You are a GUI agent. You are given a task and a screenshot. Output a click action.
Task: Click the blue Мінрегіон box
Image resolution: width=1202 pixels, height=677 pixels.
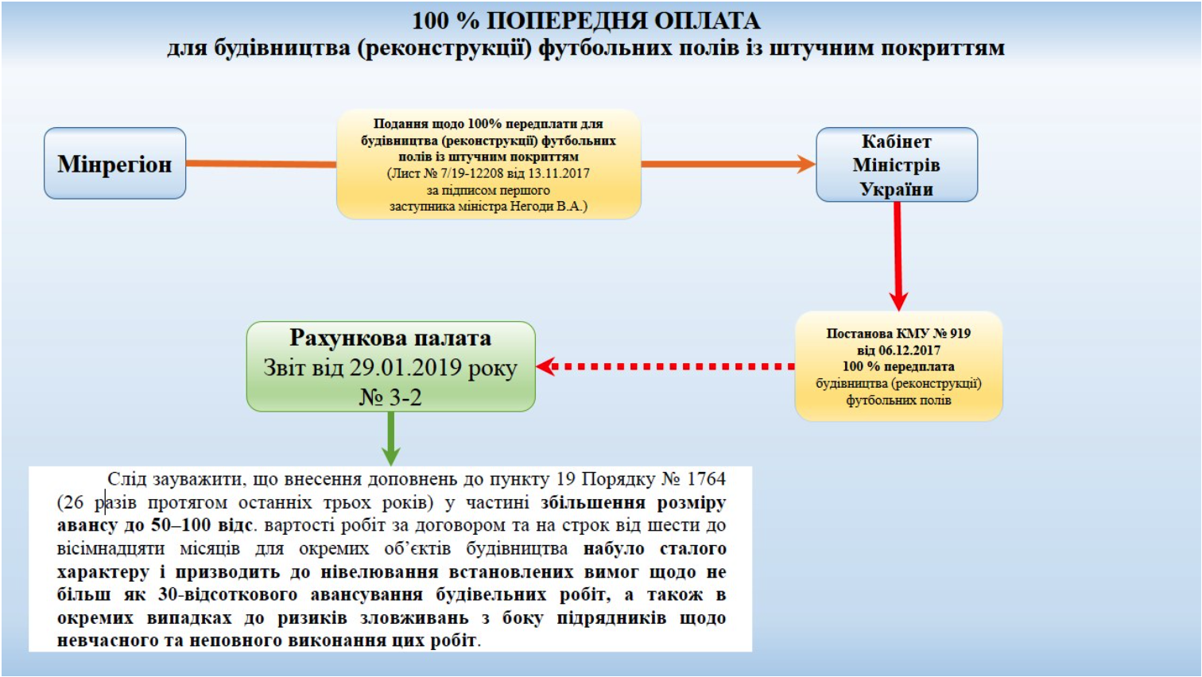click(x=114, y=163)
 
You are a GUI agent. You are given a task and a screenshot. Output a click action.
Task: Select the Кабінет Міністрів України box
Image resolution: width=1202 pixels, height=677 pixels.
click(x=897, y=164)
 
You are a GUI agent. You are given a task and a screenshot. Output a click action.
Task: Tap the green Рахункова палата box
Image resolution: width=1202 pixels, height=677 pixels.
click(x=390, y=366)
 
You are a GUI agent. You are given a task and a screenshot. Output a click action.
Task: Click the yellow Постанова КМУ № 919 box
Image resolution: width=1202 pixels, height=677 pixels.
click(x=899, y=366)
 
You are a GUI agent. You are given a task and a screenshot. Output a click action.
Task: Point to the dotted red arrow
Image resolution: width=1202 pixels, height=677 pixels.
click(x=665, y=366)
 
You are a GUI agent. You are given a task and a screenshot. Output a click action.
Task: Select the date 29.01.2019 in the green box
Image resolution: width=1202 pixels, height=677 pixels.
click(x=405, y=367)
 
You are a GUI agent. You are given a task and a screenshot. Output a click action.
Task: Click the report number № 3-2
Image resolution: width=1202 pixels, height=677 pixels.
click(x=390, y=397)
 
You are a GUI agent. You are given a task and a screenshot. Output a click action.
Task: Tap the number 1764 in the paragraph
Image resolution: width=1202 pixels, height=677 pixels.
click(x=706, y=478)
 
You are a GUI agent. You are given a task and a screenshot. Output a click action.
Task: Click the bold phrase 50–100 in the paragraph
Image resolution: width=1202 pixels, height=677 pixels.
click(x=180, y=524)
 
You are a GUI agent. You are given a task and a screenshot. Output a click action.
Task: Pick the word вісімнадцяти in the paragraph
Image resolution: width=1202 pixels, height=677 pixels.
click(x=111, y=548)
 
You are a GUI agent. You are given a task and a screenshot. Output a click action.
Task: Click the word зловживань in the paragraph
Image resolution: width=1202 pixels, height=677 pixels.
click(x=414, y=618)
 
